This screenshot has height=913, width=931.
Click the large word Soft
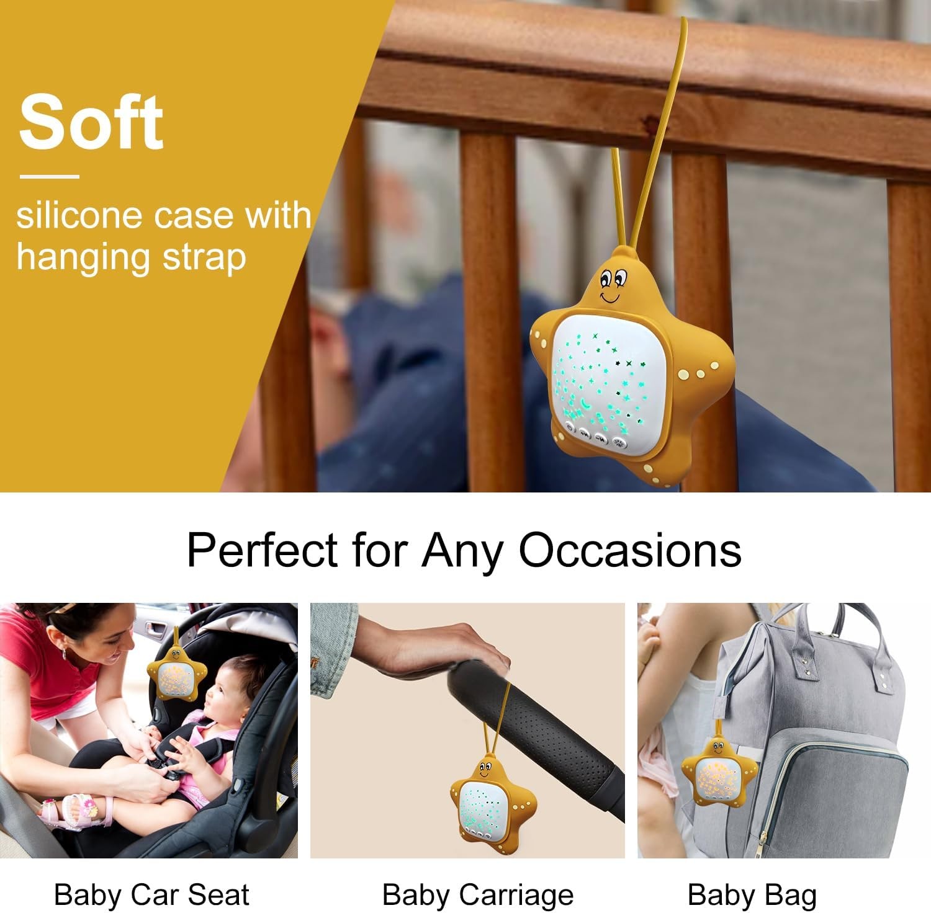pyautogui.click(x=91, y=122)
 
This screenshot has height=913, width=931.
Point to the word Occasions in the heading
pyautogui.click(x=630, y=550)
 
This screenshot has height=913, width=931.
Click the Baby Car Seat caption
pyautogui.click(x=151, y=895)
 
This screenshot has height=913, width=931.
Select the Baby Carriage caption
pyautogui.click(x=478, y=895)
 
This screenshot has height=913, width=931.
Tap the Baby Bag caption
pyautogui.click(x=752, y=895)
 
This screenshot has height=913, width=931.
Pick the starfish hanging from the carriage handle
pyautogui.click(x=490, y=800)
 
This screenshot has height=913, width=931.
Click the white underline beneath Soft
pyautogui.click(x=50, y=177)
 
